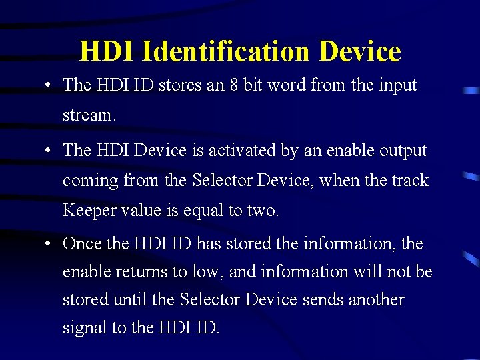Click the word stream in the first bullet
(x=88, y=115)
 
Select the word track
(x=409, y=181)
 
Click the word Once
(x=83, y=243)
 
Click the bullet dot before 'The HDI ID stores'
(x=49, y=86)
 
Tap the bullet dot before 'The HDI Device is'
(x=49, y=151)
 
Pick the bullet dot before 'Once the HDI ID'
(x=49, y=244)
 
